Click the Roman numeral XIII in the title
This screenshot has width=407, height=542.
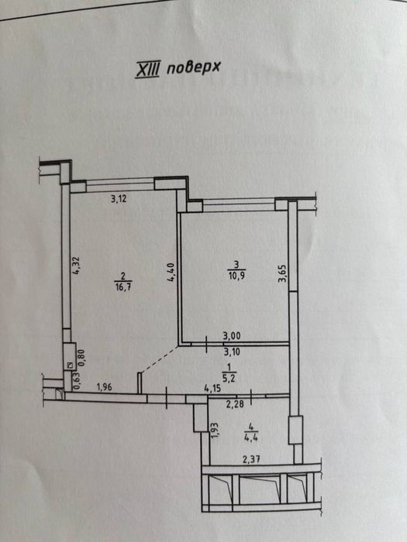click(147, 70)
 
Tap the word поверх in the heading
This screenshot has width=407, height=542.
click(194, 68)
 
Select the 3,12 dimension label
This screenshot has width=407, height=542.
click(119, 199)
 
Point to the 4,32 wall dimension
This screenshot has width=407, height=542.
click(76, 266)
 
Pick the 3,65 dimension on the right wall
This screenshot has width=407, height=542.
click(283, 274)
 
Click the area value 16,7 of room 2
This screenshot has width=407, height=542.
click(122, 287)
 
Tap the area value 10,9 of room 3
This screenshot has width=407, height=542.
click(236, 276)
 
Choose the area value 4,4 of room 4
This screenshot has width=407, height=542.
click(252, 438)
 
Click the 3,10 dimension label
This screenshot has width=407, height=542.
click(233, 352)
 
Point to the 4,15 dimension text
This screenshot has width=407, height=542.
click(213, 389)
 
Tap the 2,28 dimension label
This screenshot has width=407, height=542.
click(235, 403)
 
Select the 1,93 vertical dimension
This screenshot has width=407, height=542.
click(213, 430)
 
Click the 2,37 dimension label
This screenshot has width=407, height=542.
click(252, 459)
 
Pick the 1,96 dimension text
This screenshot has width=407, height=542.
click(104, 387)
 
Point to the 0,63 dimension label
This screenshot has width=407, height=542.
click(77, 382)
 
